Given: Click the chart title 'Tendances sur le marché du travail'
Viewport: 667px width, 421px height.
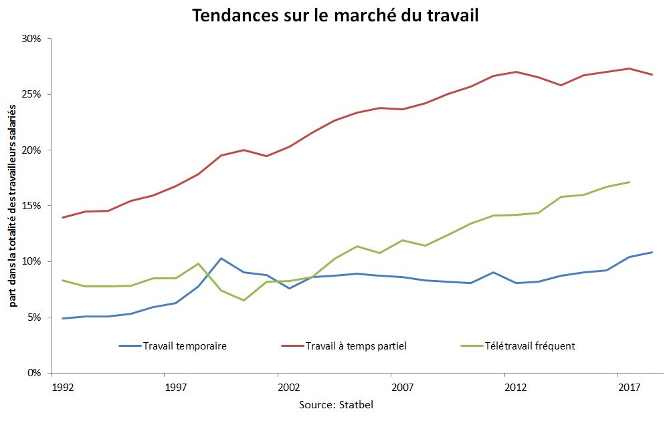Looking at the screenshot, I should (335, 15).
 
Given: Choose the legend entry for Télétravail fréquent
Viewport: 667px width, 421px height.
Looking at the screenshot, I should (518, 346).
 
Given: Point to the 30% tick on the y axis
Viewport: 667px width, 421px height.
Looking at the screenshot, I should (31, 39).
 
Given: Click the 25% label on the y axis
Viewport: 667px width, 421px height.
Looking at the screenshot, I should (31, 94).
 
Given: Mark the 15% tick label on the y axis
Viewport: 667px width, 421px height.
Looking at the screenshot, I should (31, 206).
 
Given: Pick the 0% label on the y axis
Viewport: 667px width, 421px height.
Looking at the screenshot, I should (33, 373).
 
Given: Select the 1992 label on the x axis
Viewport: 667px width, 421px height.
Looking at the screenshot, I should (62, 387).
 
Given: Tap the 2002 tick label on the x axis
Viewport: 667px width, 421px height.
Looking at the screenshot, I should (288, 387).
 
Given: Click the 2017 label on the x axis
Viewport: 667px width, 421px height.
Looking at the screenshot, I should (628, 387).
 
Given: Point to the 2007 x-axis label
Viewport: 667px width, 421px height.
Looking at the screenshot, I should (402, 387).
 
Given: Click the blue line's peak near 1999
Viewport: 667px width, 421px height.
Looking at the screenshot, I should (221, 258).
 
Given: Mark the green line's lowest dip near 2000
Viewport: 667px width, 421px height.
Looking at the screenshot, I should (244, 300).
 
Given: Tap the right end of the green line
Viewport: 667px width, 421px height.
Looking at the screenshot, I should (629, 182).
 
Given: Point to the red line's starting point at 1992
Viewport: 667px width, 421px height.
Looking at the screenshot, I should (62, 217).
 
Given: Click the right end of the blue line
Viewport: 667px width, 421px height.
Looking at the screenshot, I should (652, 252).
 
